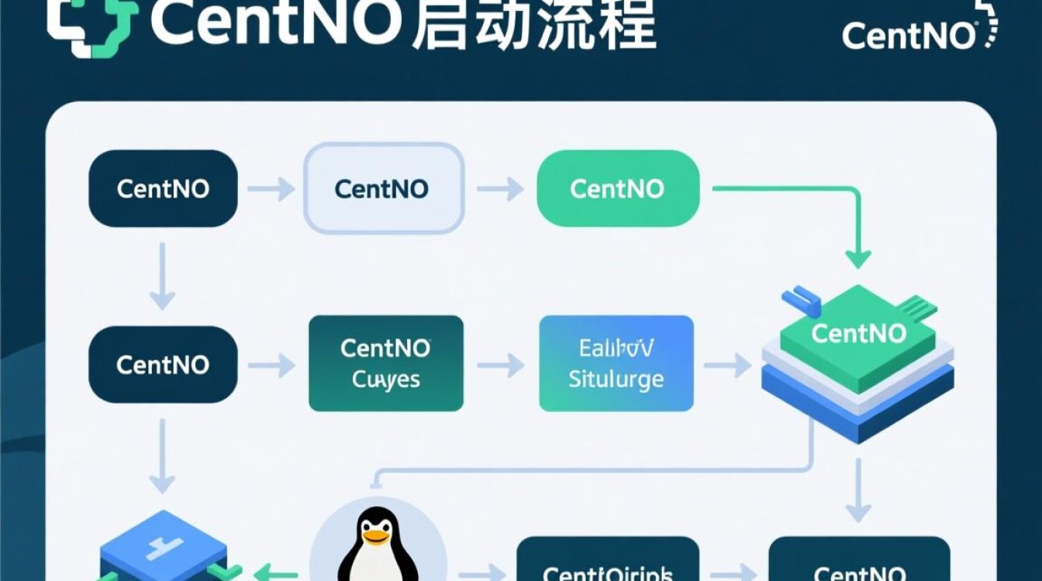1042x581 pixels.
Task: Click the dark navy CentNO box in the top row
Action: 163,188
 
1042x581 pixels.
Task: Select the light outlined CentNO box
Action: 383,188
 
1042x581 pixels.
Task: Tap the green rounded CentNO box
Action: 618,188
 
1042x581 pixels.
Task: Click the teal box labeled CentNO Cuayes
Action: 385,363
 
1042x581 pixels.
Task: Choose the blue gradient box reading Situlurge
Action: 616,363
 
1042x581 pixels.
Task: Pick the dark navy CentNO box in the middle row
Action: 163,363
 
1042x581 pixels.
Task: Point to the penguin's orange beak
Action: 378,535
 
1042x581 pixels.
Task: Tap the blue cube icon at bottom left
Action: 163,546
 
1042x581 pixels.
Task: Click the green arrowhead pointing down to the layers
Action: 857,259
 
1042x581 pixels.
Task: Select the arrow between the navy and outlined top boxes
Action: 271,188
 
